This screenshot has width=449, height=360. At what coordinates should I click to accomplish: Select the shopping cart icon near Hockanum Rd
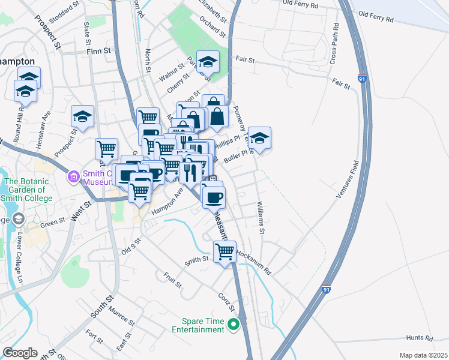[x=224, y=251]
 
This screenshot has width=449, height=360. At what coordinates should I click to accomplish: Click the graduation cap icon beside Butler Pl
[x=259, y=137]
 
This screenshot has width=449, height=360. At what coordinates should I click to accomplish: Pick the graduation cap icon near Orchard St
[x=208, y=61]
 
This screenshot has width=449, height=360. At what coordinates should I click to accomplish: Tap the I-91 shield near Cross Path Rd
[x=361, y=79]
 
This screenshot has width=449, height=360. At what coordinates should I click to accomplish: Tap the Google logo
[x=20, y=353]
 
